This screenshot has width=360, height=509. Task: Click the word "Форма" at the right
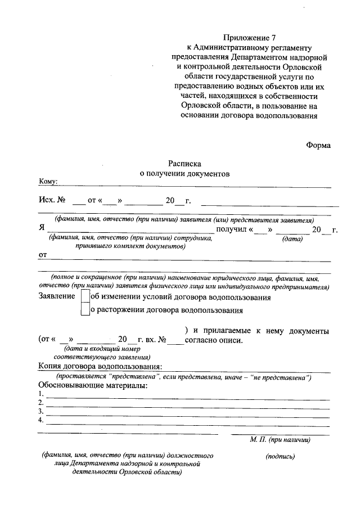318,145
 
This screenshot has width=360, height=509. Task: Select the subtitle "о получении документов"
184,174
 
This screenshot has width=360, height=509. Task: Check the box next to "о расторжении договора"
85,309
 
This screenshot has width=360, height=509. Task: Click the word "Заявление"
56,296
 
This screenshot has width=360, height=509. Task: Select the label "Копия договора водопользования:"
100,367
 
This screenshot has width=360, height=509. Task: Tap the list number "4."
41,420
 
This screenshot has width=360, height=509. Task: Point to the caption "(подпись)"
280,457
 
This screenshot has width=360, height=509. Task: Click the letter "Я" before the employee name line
42,229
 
